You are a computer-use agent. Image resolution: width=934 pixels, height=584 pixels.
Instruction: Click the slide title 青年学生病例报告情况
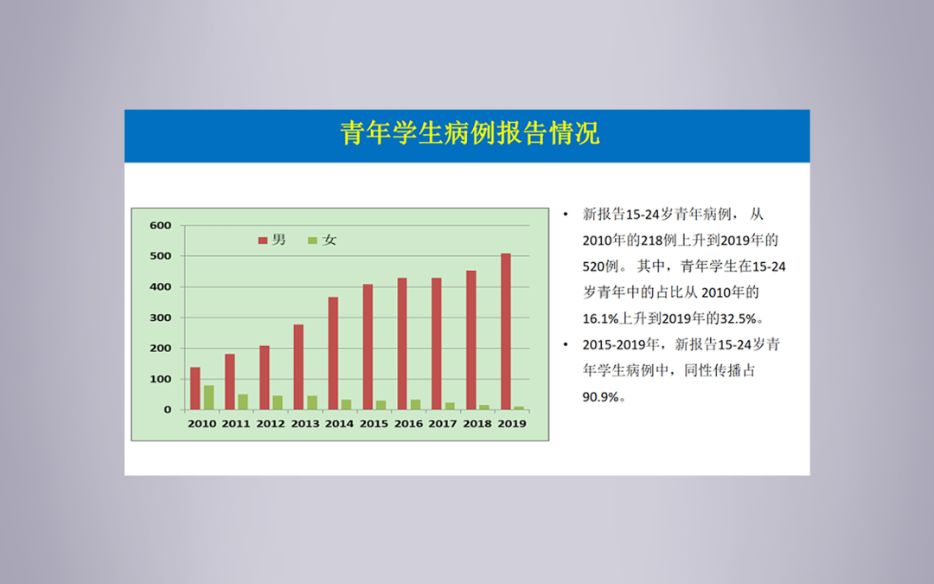pyautogui.click(x=470, y=133)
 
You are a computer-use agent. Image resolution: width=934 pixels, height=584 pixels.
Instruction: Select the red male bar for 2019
pyautogui.click(x=506, y=331)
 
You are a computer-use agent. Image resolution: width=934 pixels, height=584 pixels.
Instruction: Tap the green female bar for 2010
pyautogui.click(x=209, y=397)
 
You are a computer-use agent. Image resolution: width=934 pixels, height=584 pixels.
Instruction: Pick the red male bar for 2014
pyautogui.click(x=333, y=353)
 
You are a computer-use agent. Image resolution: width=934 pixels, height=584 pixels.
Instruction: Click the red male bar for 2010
pyautogui.click(x=195, y=388)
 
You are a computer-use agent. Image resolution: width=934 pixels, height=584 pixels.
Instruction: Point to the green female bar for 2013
pyautogui.click(x=312, y=403)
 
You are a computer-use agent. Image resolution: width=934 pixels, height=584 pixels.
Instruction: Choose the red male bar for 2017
pyautogui.click(x=437, y=343)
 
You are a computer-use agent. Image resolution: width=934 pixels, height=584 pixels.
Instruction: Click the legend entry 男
pyautogui.click(x=272, y=240)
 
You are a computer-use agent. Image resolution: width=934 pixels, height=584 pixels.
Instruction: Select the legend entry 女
pyautogui.click(x=323, y=240)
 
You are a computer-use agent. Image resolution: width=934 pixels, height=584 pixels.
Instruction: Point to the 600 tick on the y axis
pyautogui.click(x=160, y=225)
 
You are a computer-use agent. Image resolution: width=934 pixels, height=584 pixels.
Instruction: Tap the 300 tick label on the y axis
pyautogui.click(x=160, y=318)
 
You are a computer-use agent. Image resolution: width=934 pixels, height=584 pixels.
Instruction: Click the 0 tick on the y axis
pyautogui.click(x=168, y=409)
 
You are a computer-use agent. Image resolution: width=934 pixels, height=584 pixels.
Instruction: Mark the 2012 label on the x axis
pyautogui.click(x=271, y=424)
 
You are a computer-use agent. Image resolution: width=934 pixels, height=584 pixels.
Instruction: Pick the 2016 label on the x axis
pyautogui.click(x=408, y=424)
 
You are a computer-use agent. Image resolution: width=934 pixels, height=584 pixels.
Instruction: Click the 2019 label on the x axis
pyautogui.click(x=512, y=424)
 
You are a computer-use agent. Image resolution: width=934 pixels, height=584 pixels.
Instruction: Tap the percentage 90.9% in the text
pyautogui.click(x=600, y=397)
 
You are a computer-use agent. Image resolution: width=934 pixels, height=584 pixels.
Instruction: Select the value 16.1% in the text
pyautogui.click(x=600, y=318)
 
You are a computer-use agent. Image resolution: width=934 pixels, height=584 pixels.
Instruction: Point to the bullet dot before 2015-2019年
pyautogui.click(x=566, y=344)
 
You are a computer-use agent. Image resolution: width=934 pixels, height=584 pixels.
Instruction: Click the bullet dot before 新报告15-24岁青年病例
pyautogui.click(x=566, y=214)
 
